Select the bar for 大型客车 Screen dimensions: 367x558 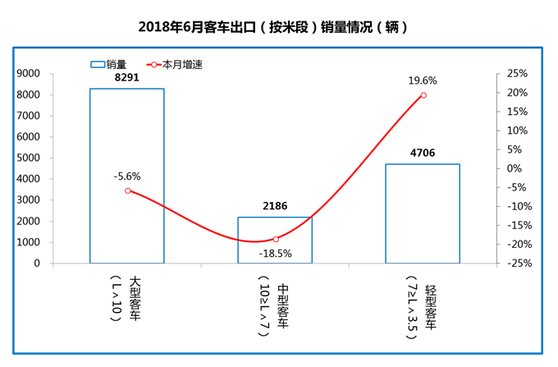click(127, 176)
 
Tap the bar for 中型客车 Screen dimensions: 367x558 click(275, 240)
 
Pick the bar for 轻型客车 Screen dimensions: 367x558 click(423, 213)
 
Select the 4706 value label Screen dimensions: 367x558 click(423, 154)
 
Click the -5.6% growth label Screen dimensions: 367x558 click(127, 176)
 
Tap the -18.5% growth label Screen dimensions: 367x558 click(275, 254)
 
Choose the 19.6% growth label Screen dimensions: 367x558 click(423, 80)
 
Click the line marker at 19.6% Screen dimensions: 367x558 click(423, 95)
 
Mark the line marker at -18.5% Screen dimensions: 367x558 click(276, 239)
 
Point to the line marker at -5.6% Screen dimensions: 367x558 click(128, 190)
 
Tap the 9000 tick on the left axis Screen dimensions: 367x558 click(30, 73)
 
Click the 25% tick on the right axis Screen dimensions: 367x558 click(516, 73)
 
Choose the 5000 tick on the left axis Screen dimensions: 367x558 click(30, 158)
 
